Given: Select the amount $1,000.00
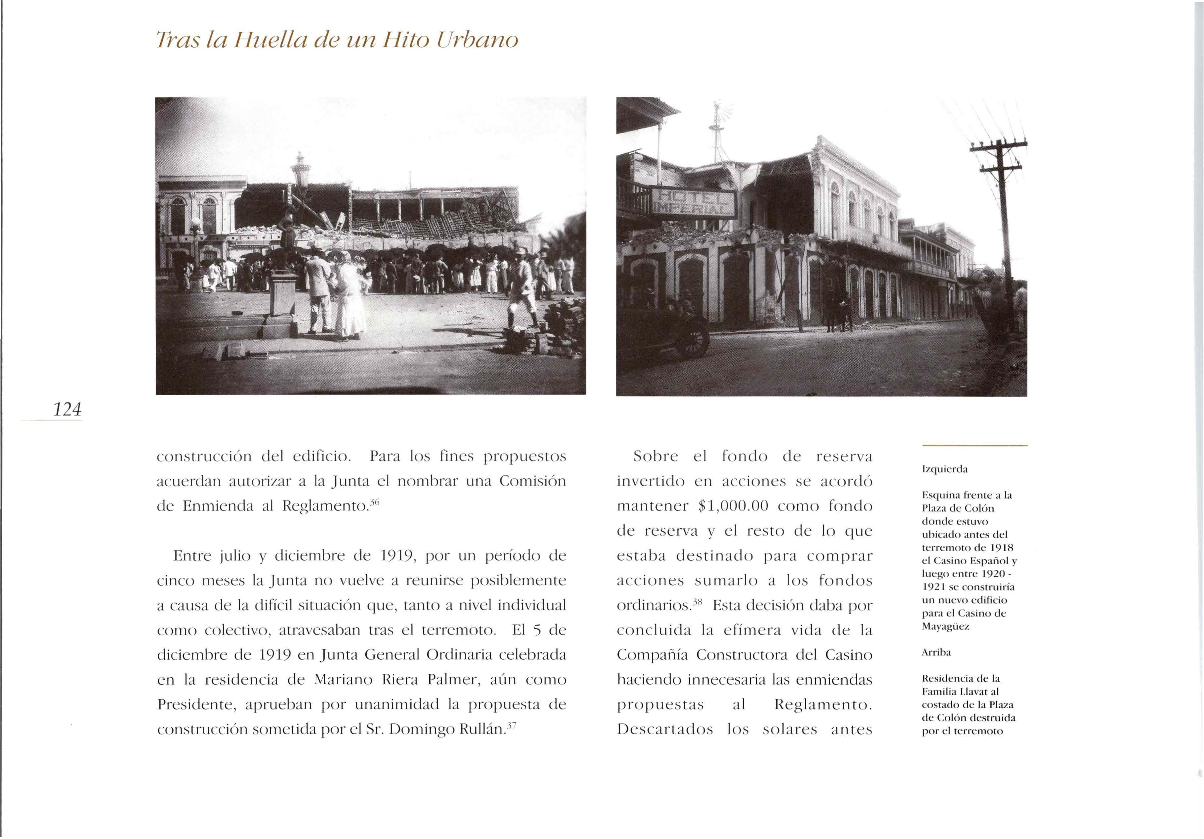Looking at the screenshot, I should click(734, 506).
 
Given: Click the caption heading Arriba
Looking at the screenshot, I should click(937, 653).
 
